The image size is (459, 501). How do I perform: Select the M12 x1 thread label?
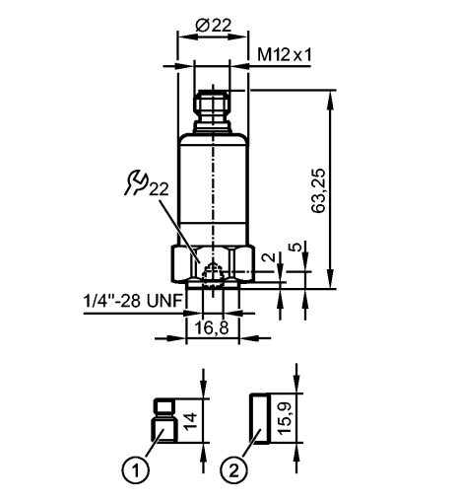pyautogui.click(x=286, y=55)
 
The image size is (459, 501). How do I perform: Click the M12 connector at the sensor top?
pyautogui.click(x=211, y=108)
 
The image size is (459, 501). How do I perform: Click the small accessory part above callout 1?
pyautogui.click(x=164, y=419)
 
